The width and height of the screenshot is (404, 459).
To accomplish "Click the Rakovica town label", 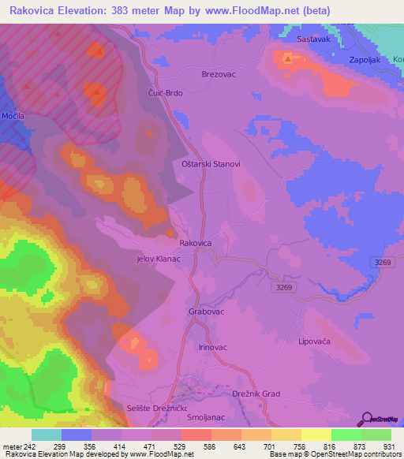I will tap(196, 244).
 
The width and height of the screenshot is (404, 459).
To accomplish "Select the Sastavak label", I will tap(312, 39).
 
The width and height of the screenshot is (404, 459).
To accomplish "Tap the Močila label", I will tap(13, 116).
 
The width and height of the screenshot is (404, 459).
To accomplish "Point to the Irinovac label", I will tap(213, 347).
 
